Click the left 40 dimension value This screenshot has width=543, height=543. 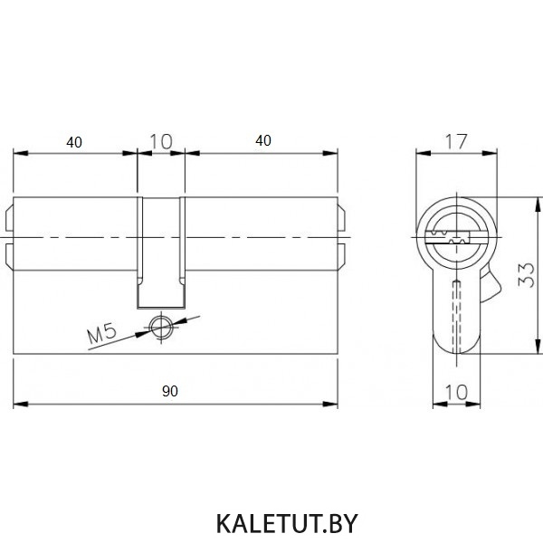pos(74,142)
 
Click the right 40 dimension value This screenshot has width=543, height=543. pos(263,140)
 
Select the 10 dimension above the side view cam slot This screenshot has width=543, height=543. pos(161,141)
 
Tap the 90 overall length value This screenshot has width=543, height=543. pos(170,391)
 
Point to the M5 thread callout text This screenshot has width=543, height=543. pos(101,333)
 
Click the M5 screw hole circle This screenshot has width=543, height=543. pos(161,328)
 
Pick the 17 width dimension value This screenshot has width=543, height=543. pos(456,141)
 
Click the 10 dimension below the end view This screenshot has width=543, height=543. pos(456,393)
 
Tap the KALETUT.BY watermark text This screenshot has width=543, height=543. pos(287,524)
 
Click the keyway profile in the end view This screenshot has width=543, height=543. pos(449,237)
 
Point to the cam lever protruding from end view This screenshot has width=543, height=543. pos(490,286)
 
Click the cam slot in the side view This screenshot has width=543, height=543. pos(161,252)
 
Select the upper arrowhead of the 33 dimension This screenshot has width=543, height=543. pos(538,205)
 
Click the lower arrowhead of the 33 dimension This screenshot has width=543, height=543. pos(538,347)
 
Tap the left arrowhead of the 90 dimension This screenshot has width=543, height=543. pos(21,405)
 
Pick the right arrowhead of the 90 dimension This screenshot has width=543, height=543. pos(330,405)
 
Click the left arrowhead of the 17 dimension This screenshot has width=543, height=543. pos(424,153)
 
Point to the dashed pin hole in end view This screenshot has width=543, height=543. pos(457,315)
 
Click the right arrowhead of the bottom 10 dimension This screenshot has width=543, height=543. pos(473,405)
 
